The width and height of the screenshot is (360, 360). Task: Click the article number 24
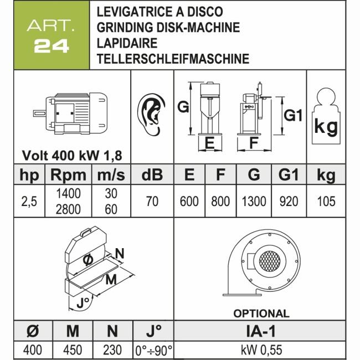click(x=52, y=46)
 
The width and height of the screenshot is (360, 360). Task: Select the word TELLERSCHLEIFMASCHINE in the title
click(x=173, y=59)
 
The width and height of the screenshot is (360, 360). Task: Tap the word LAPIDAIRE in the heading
click(x=127, y=43)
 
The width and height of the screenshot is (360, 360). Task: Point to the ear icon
click(x=151, y=114)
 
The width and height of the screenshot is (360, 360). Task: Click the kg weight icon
click(x=326, y=116)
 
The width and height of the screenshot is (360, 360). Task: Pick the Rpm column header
click(x=69, y=175)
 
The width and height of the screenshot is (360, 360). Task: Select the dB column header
click(x=152, y=175)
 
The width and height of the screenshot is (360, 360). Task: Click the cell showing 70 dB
click(x=152, y=202)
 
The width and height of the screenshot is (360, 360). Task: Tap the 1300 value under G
click(x=254, y=202)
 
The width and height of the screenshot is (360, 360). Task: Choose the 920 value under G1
click(x=289, y=202)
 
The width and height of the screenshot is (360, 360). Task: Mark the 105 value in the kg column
click(x=326, y=202)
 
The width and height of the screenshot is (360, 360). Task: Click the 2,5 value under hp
click(x=29, y=202)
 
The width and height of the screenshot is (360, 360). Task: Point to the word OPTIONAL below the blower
click(x=261, y=313)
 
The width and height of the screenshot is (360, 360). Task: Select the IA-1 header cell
click(x=261, y=331)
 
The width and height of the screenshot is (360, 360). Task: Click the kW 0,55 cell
click(x=261, y=350)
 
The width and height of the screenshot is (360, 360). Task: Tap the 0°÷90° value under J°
click(x=153, y=351)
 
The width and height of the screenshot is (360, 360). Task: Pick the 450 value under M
click(x=73, y=350)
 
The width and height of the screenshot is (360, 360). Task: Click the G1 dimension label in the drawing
click(x=293, y=115)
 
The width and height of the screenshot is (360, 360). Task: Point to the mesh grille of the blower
click(x=270, y=261)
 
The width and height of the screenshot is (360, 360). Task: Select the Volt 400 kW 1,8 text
click(x=72, y=156)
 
